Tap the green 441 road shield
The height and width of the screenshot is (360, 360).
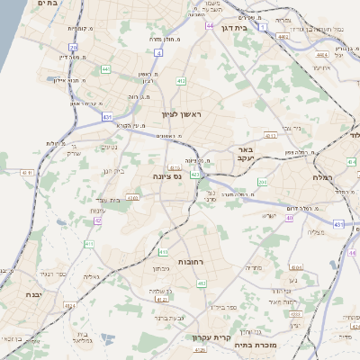tap(105, 68)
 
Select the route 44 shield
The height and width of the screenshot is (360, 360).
tap(210, 26)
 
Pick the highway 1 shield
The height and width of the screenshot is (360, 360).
tap(262, 28)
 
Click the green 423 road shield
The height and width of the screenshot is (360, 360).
tap(196, 173)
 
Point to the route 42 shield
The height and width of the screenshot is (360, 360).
tap(97, 220)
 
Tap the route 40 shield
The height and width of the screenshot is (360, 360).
tap(289, 218)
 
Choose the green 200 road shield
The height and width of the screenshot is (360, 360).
tap(262, 183)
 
